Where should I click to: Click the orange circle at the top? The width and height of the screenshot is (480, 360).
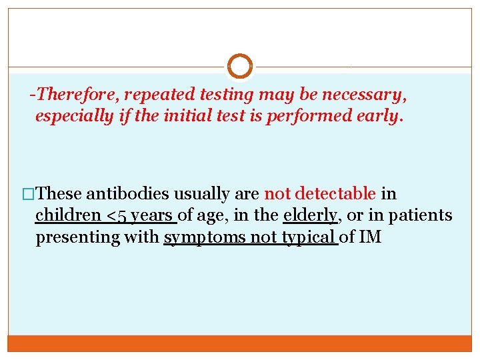pyautogui.click(x=240, y=67)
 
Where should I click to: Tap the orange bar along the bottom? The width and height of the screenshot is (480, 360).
pyautogui.click(x=240, y=343)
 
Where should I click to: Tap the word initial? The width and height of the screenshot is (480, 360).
pyautogui.click(x=179, y=117)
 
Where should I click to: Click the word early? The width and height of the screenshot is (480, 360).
pyautogui.click(x=379, y=117)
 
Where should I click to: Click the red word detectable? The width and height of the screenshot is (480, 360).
pyautogui.click(x=335, y=194)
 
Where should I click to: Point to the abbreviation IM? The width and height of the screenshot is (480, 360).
pyautogui.click(x=370, y=237)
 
